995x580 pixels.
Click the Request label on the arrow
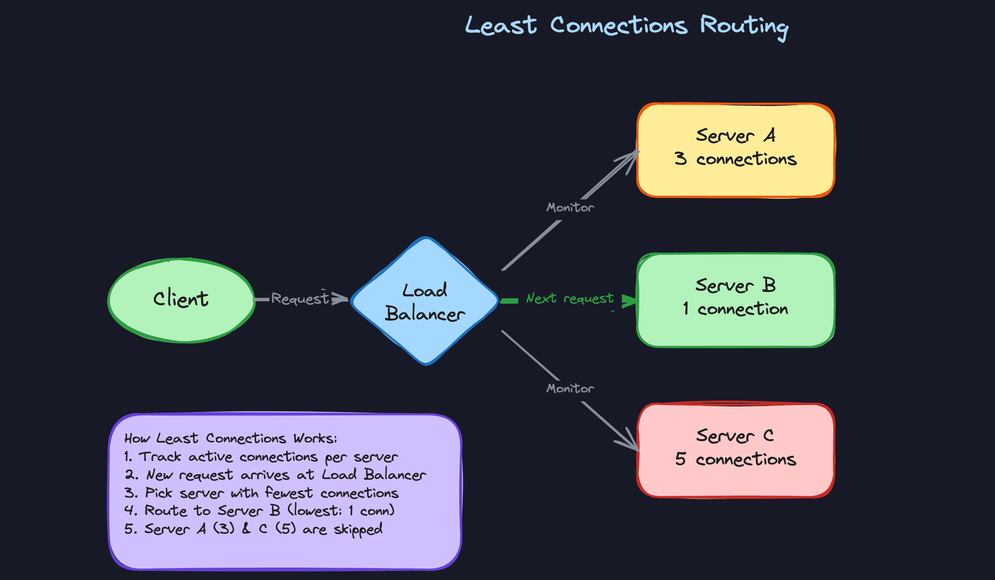click(300, 299)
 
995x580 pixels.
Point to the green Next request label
click(570, 299)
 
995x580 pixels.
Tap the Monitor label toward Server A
click(570, 208)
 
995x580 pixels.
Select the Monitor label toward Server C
click(570, 388)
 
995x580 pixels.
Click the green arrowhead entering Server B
click(630, 301)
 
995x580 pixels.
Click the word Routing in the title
click(744, 26)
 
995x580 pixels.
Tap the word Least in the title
click(501, 26)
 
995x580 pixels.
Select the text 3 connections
click(735, 159)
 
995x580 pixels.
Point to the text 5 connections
click(735, 459)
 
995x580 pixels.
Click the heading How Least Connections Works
click(231, 439)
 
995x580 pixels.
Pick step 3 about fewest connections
click(261, 493)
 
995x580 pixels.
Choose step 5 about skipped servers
click(253, 529)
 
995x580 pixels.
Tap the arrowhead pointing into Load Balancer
click(341, 299)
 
